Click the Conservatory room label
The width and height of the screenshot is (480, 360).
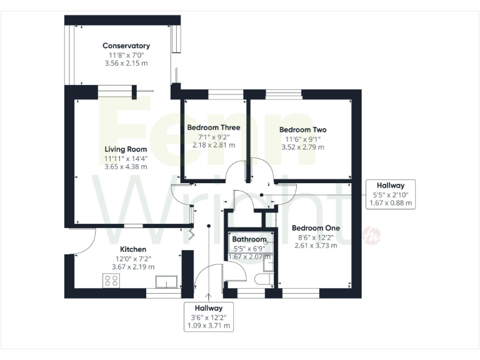[x=126, y=46]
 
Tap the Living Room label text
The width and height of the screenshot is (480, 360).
[x=126, y=149]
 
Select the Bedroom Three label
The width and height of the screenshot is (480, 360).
[x=214, y=127]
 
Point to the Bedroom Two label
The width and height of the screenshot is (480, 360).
[x=302, y=130]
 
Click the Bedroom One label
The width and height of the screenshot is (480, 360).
[x=316, y=228]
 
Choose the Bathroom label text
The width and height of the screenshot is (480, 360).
[x=249, y=239]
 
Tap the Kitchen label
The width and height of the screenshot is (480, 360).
[x=133, y=249]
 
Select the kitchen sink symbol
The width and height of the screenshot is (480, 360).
[x=167, y=281]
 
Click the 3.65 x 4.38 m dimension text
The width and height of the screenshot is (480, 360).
[x=126, y=167]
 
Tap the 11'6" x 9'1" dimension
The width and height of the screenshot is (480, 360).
[x=302, y=139]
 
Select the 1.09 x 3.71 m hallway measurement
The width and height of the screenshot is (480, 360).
[x=209, y=326]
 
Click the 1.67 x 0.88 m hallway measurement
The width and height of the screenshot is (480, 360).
[x=390, y=203]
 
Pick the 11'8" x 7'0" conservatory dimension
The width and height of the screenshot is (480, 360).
[x=126, y=55]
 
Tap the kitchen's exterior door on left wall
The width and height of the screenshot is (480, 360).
[x=83, y=241]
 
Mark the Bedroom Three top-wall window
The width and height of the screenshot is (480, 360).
[x=226, y=94]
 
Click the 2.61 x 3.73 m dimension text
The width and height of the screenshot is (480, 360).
[x=316, y=246]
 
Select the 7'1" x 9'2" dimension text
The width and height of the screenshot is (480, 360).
[x=214, y=136]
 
